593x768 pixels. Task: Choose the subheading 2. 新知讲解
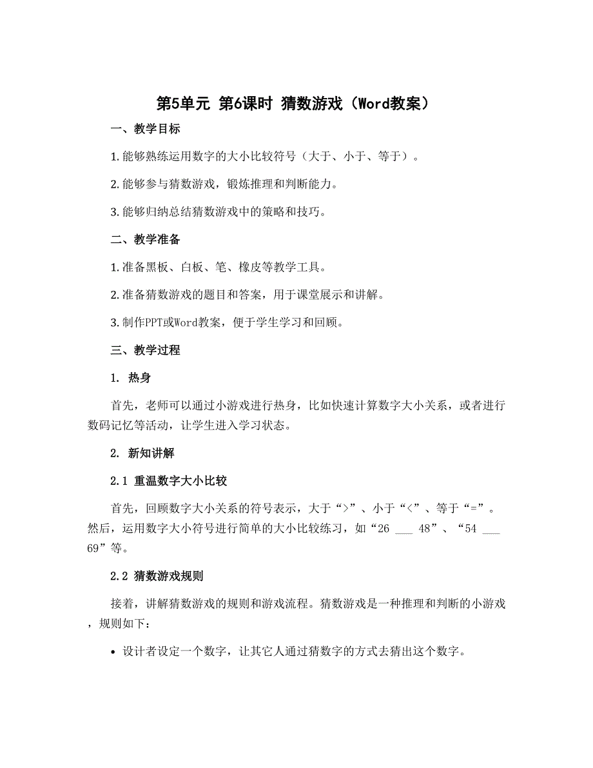point(142,453)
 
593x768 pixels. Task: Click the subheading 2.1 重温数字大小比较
point(168,481)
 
